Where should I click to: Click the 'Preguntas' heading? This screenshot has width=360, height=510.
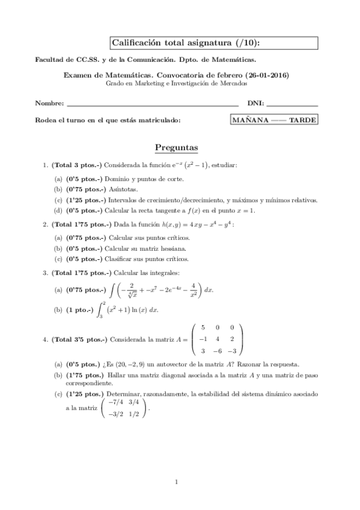pos(177,147)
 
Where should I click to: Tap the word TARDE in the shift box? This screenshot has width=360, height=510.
pos(302,120)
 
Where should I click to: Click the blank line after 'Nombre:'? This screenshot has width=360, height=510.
pos(153,105)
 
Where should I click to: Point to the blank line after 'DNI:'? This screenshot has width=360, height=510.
pos(294,105)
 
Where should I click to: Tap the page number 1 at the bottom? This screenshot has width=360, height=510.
pos(177,481)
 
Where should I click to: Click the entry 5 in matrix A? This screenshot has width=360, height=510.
pos(203,327)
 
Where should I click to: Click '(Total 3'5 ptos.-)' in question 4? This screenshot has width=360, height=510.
pos(79,339)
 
